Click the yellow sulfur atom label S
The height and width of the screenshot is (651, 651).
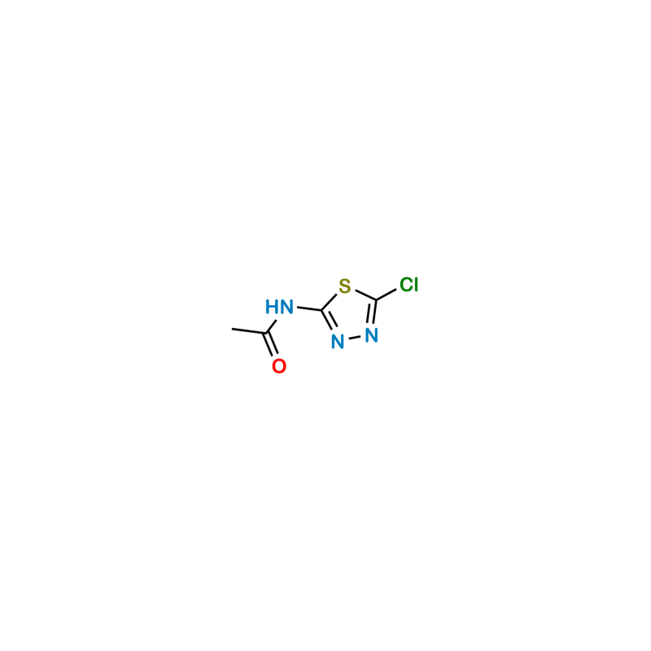click(344, 286)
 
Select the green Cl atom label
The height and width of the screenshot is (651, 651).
click(409, 285)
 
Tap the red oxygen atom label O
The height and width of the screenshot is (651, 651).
click(279, 366)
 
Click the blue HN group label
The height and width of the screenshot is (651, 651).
click(279, 308)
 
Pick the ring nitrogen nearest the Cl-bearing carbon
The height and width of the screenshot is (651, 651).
click(372, 335)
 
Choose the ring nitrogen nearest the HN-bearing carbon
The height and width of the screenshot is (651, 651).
click(338, 342)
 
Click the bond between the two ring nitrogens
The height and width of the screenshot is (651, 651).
click(355, 339)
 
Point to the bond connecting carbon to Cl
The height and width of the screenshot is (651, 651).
click(386, 295)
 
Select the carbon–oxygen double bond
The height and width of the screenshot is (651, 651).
click(270, 344)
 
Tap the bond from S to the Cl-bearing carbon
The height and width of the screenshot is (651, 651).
click(365, 295)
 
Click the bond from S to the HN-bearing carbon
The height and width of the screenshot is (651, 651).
click(329, 302)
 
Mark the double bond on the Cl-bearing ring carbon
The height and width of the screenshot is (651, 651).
click(372, 312)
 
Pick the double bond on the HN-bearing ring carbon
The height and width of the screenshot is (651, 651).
click(328, 320)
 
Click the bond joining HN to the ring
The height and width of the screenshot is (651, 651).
click(309, 308)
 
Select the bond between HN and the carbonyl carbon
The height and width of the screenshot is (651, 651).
click(271, 326)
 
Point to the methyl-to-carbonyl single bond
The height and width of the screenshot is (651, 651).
click(249, 331)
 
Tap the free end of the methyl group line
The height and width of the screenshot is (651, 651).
click(232, 329)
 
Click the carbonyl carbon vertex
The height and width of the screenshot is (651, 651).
click(266, 333)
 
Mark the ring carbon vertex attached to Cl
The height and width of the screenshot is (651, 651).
click(376, 299)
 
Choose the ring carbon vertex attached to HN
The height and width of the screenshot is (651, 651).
click(321, 310)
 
